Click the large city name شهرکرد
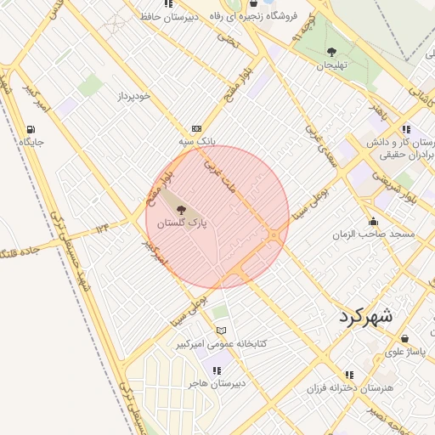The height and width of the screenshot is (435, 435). (x=365, y=316)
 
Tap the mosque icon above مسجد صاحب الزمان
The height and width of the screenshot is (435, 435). (x=373, y=221)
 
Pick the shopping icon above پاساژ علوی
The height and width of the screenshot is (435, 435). (x=404, y=338)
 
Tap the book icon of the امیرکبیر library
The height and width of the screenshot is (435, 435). (x=221, y=330)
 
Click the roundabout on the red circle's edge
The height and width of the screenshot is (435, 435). (x=274, y=234)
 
